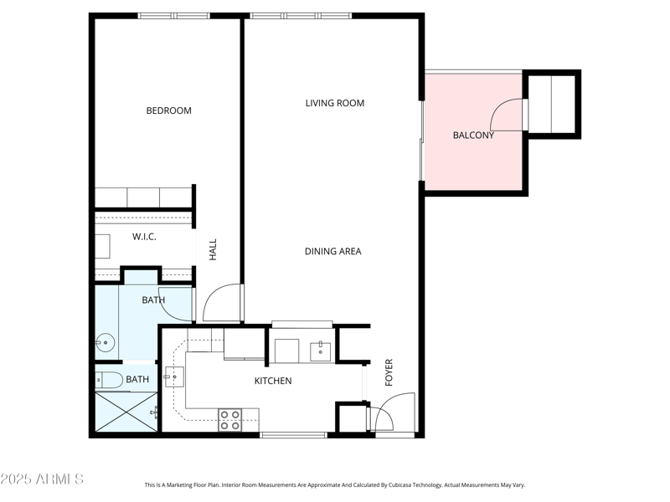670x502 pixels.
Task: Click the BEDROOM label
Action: (168, 110)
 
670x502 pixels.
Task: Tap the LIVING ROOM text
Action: (334, 103)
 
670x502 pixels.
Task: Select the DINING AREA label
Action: (332, 251)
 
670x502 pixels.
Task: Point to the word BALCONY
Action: (473, 135)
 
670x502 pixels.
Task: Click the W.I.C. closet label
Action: (144, 237)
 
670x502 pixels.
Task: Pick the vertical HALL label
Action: (213, 248)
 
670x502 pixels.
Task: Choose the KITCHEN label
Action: (273, 381)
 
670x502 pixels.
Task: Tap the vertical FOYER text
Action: (389, 372)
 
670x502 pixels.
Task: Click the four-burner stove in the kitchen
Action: (230, 420)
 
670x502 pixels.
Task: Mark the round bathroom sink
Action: (105, 341)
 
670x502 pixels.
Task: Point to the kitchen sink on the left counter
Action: (173, 377)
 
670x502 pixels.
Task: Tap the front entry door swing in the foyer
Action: (394, 412)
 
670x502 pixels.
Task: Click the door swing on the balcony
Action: (508, 115)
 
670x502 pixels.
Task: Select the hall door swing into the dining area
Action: (223, 303)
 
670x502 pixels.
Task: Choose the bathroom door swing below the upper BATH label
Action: (176, 305)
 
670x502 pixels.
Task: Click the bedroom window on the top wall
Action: (174, 15)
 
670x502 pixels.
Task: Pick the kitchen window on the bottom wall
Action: (293, 434)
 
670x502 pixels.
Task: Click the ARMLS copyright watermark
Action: (42, 479)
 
